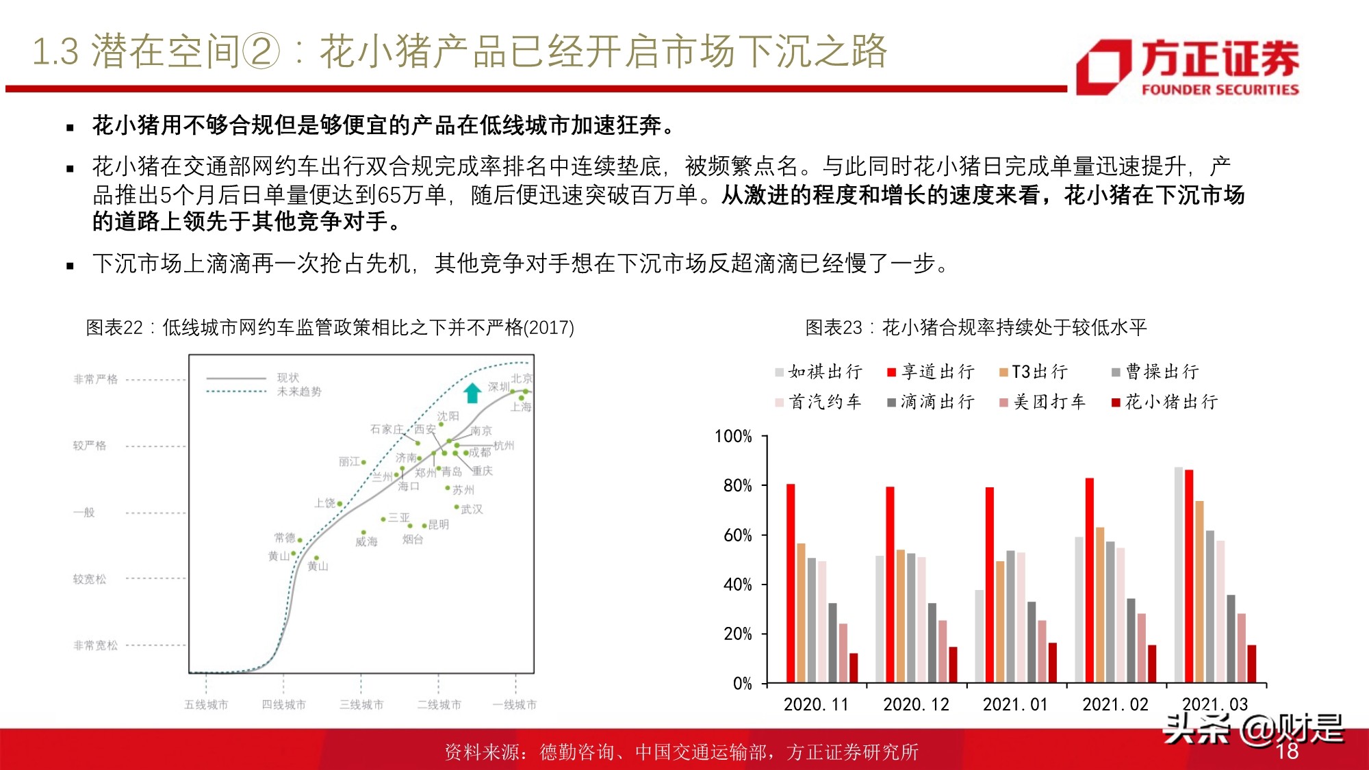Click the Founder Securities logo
tap(1188, 66)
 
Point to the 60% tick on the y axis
tap(738, 535)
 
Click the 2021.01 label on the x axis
tap(1015, 704)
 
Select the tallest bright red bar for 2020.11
tap(791, 583)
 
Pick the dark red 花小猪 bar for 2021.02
tap(1152, 663)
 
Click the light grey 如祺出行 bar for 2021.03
tap(1178, 575)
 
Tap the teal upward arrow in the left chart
tap(472, 393)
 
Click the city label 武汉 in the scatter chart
tap(472, 509)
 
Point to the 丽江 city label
tap(349, 462)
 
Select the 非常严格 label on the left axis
tap(96, 379)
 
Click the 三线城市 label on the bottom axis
tap(361, 704)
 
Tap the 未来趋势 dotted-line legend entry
tap(299, 392)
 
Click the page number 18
tap(1287, 751)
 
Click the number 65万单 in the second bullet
tap(411, 195)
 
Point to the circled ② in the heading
tap(261, 52)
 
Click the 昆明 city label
tap(438, 525)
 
